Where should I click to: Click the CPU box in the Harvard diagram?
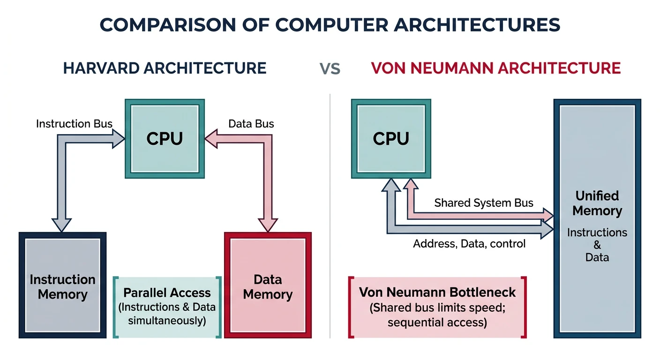(x=165, y=138)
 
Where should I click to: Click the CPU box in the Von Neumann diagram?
(x=391, y=138)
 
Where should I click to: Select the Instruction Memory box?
(x=62, y=286)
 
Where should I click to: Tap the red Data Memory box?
(x=268, y=286)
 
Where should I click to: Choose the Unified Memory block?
(x=597, y=218)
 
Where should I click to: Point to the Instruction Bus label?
(x=74, y=124)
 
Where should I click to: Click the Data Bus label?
(x=251, y=124)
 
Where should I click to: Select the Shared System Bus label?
(x=483, y=203)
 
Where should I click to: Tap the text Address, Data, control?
(x=469, y=244)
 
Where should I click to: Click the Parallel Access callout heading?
(x=167, y=293)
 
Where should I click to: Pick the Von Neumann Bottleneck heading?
(x=437, y=292)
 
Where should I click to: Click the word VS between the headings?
(x=330, y=69)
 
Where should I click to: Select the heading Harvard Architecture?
(x=165, y=68)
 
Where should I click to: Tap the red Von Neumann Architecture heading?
(x=495, y=68)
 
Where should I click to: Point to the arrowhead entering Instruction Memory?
(x=61, y=225)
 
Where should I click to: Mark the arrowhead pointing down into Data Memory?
(x=268, y=225)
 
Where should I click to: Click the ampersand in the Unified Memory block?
(x=597, y=245)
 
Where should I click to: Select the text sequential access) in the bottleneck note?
(x=437, y=322)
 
